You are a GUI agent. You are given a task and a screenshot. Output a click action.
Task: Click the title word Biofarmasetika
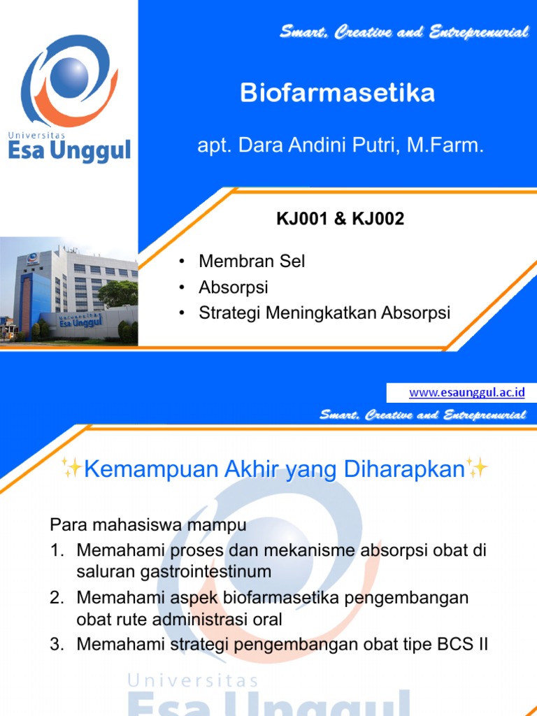tap(337, 93)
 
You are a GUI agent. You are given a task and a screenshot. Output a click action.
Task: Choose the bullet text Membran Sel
tap(252, 262)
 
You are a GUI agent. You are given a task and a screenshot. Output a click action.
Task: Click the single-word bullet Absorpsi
tap(234, 287)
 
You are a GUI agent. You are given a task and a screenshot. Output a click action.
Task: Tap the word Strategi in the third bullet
tap(226, 313)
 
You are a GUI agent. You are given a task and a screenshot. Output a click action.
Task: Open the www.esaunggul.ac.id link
tap(466, 392)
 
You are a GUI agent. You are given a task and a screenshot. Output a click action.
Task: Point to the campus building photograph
tap(69, 292)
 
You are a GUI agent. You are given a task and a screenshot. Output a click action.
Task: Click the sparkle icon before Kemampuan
tap(71, 468)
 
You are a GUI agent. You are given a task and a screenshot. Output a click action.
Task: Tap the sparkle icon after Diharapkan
tap(478, 468)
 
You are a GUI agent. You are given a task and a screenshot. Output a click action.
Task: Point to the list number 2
tap(57, 598)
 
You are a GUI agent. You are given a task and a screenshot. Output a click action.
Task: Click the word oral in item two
tap(268, 620)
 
